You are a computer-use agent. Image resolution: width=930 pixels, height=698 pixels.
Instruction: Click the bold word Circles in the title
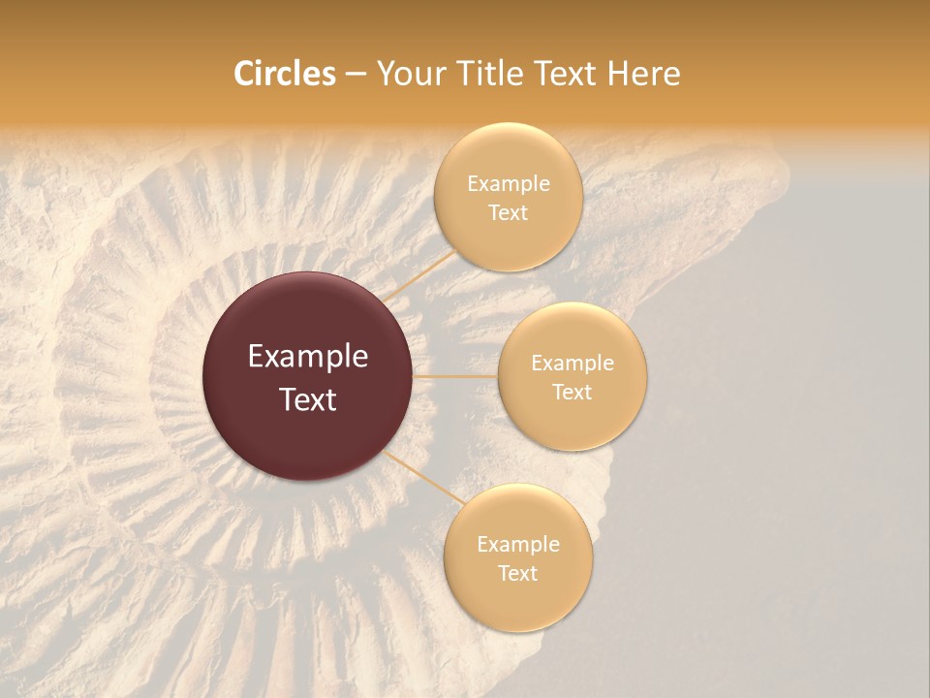click(x=284, y=74)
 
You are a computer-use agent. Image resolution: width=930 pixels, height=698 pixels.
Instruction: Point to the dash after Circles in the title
click(x=356, y=75)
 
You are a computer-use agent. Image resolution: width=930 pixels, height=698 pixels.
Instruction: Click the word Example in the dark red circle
click(x=308, y=357)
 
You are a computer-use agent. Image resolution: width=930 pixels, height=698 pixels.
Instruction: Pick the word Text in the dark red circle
click(x=308, y=399)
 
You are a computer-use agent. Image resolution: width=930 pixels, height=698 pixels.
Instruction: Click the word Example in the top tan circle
click(x=509, y=183)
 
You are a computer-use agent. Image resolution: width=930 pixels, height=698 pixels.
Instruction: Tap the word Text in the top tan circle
click(x=508, y=212)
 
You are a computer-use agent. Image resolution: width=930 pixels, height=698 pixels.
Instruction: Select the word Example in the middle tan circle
click(x=573, y=363)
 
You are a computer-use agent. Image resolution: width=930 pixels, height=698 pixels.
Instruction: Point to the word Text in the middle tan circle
click(x=572, y=392)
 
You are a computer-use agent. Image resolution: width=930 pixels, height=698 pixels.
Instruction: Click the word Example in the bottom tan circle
click(x=518, y=544)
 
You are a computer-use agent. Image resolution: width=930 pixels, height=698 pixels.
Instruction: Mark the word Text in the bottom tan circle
click(x=517, y=573)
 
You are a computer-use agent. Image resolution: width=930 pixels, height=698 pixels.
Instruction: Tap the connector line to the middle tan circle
click(x=455, y=376)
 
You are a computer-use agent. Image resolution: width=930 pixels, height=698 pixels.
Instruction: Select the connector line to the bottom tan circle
click(x=422, y=475)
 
